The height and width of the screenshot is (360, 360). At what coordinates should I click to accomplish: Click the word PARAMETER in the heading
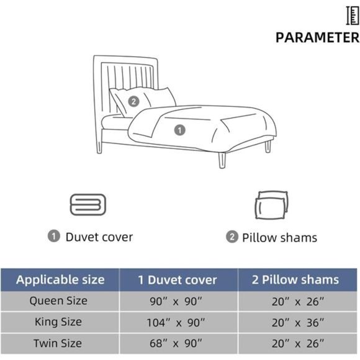[317, 37]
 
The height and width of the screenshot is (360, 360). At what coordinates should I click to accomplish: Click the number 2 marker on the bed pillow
[133, 101]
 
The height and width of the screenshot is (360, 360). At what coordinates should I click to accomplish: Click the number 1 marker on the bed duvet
[179, 130]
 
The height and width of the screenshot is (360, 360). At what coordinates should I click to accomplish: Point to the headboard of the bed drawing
[124, 74]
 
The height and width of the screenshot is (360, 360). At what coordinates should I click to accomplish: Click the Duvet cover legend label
[99, 236]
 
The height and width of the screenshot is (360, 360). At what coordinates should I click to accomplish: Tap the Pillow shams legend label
[279, 237]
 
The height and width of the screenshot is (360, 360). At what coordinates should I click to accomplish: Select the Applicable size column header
[60, 279]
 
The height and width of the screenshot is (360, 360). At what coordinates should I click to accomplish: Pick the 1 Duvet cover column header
[178, 280]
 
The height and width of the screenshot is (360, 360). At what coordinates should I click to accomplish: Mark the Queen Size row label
[59, 301]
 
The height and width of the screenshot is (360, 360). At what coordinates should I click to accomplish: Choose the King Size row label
[59, 322]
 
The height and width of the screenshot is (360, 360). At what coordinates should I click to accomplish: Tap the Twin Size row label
[59, 343]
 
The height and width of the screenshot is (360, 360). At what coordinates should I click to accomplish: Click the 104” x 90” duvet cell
[178, 323]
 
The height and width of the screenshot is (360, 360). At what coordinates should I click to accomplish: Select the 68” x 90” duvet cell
[178, 344]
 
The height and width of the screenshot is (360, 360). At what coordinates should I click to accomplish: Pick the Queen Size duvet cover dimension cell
[178, 302]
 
